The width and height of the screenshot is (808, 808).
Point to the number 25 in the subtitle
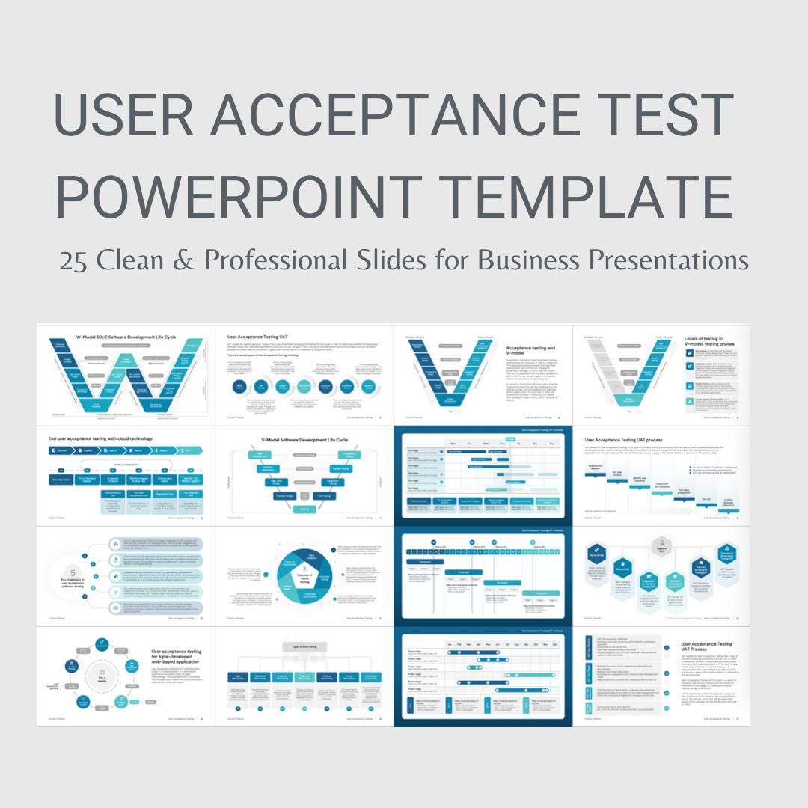(73, 261)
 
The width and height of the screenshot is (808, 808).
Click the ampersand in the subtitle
(186, 261)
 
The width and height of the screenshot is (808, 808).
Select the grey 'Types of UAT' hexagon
(661, 546)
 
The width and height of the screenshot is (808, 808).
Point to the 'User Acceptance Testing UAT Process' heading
(707, 647)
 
